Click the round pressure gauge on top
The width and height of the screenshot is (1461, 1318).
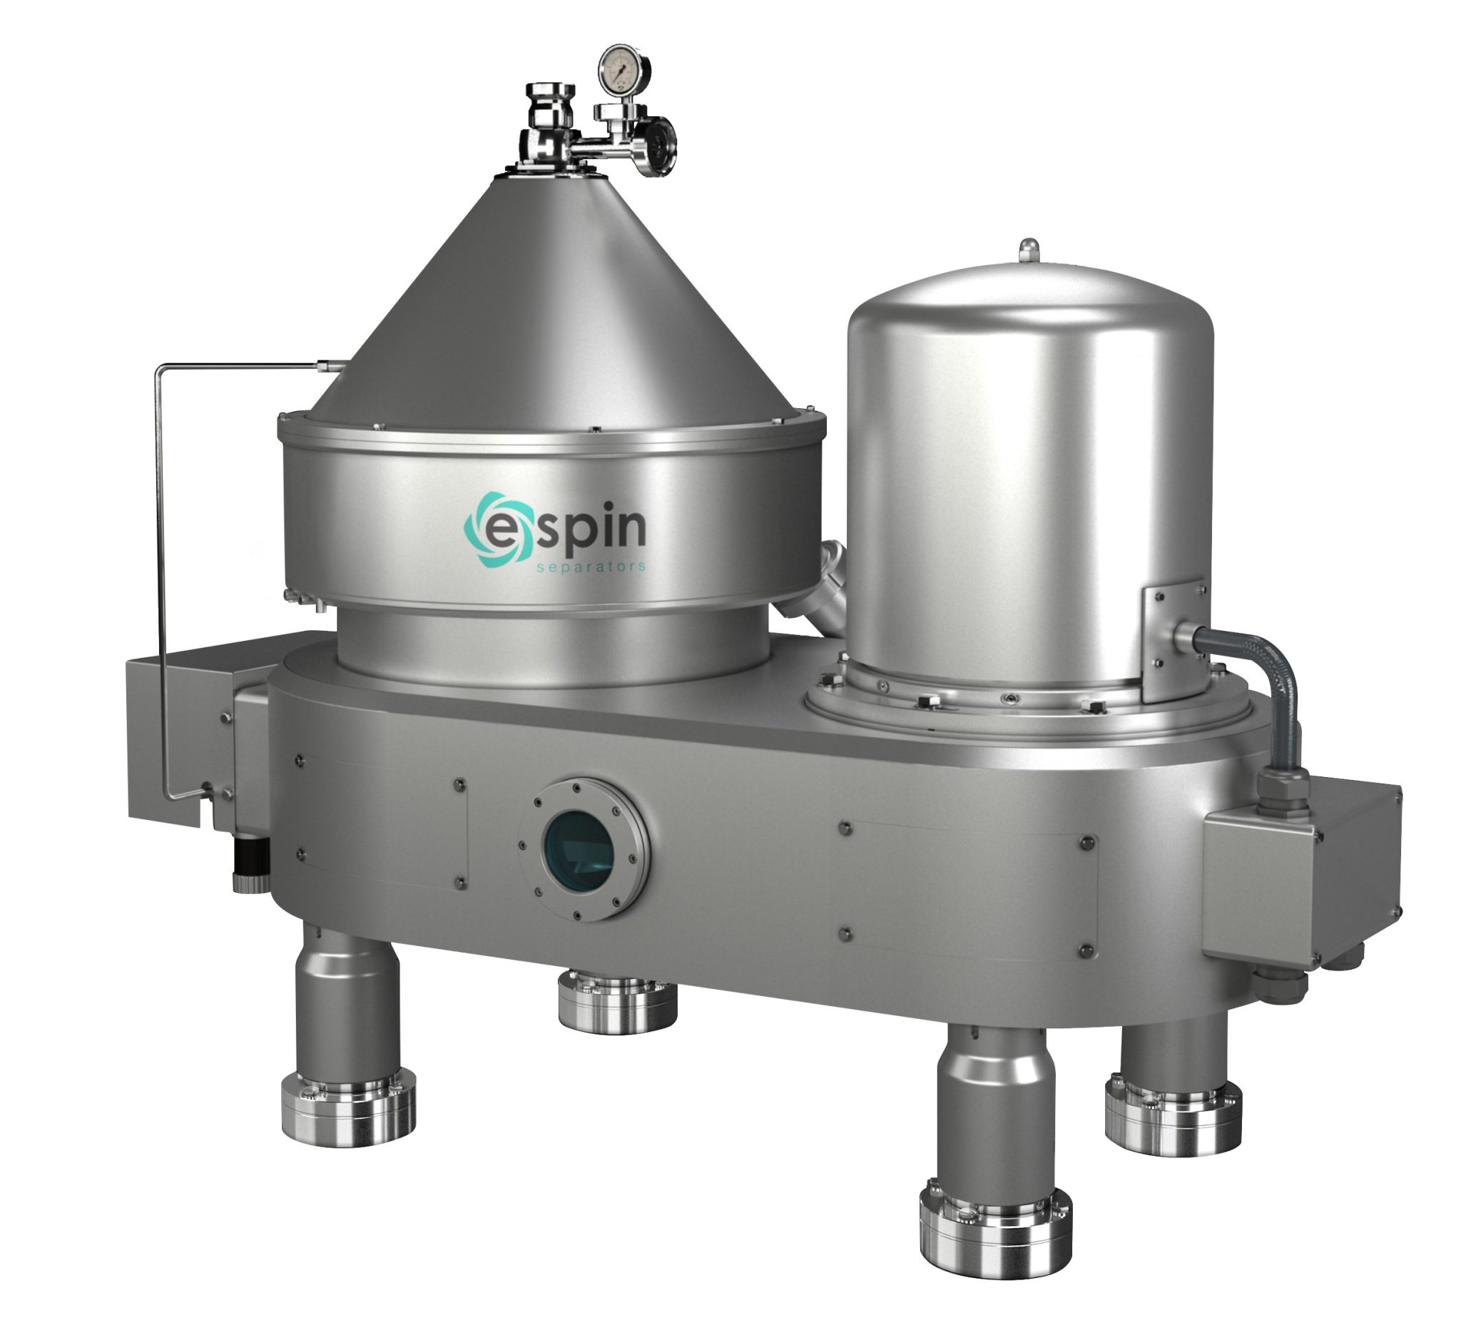623,70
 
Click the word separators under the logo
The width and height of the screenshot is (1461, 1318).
588,568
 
